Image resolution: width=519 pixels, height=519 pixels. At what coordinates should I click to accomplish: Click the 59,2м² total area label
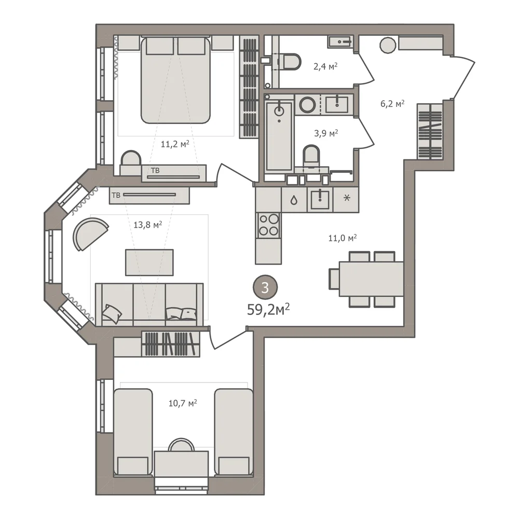point(268,310)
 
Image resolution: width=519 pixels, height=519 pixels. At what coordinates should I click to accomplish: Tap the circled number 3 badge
point(265,288)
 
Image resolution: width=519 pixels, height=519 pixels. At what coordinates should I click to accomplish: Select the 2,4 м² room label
point(325,66)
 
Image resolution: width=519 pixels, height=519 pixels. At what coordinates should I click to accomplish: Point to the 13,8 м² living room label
point(147,225)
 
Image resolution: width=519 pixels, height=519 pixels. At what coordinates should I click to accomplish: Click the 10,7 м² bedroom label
point(183,403)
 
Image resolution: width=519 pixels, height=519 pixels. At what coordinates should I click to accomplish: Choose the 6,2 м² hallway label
point(392,104)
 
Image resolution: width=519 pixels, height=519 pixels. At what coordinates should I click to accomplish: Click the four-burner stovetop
point(268,225)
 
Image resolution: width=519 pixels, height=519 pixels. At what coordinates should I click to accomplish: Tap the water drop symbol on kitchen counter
point(294,200)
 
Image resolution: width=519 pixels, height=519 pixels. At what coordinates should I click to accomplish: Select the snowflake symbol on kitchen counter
point(347,198)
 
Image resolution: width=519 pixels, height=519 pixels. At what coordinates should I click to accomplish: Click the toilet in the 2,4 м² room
point(289,62)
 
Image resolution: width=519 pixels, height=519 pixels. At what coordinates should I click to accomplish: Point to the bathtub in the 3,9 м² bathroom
point(279,136)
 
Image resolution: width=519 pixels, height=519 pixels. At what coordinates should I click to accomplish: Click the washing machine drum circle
point(307,105)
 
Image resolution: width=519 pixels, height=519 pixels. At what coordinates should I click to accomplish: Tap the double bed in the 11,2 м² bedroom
point(175,80)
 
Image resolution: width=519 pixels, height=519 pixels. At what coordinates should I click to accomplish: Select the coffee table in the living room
point(149,263)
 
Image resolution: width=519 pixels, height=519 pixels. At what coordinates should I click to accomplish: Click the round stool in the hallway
point(388,45)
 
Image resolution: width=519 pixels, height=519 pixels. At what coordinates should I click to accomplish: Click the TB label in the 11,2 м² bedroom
point(155,171)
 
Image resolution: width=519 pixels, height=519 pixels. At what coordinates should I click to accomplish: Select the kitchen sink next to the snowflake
point(320,200)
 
